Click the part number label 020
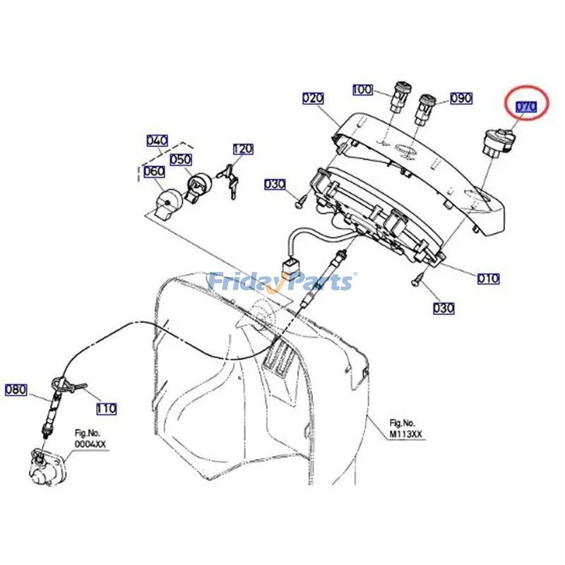313,98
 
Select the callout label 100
362,90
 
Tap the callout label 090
461,98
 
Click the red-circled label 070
526,107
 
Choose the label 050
181,160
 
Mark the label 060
154,172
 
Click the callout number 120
243,149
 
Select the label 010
488,278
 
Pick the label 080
16,388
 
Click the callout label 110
106,408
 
